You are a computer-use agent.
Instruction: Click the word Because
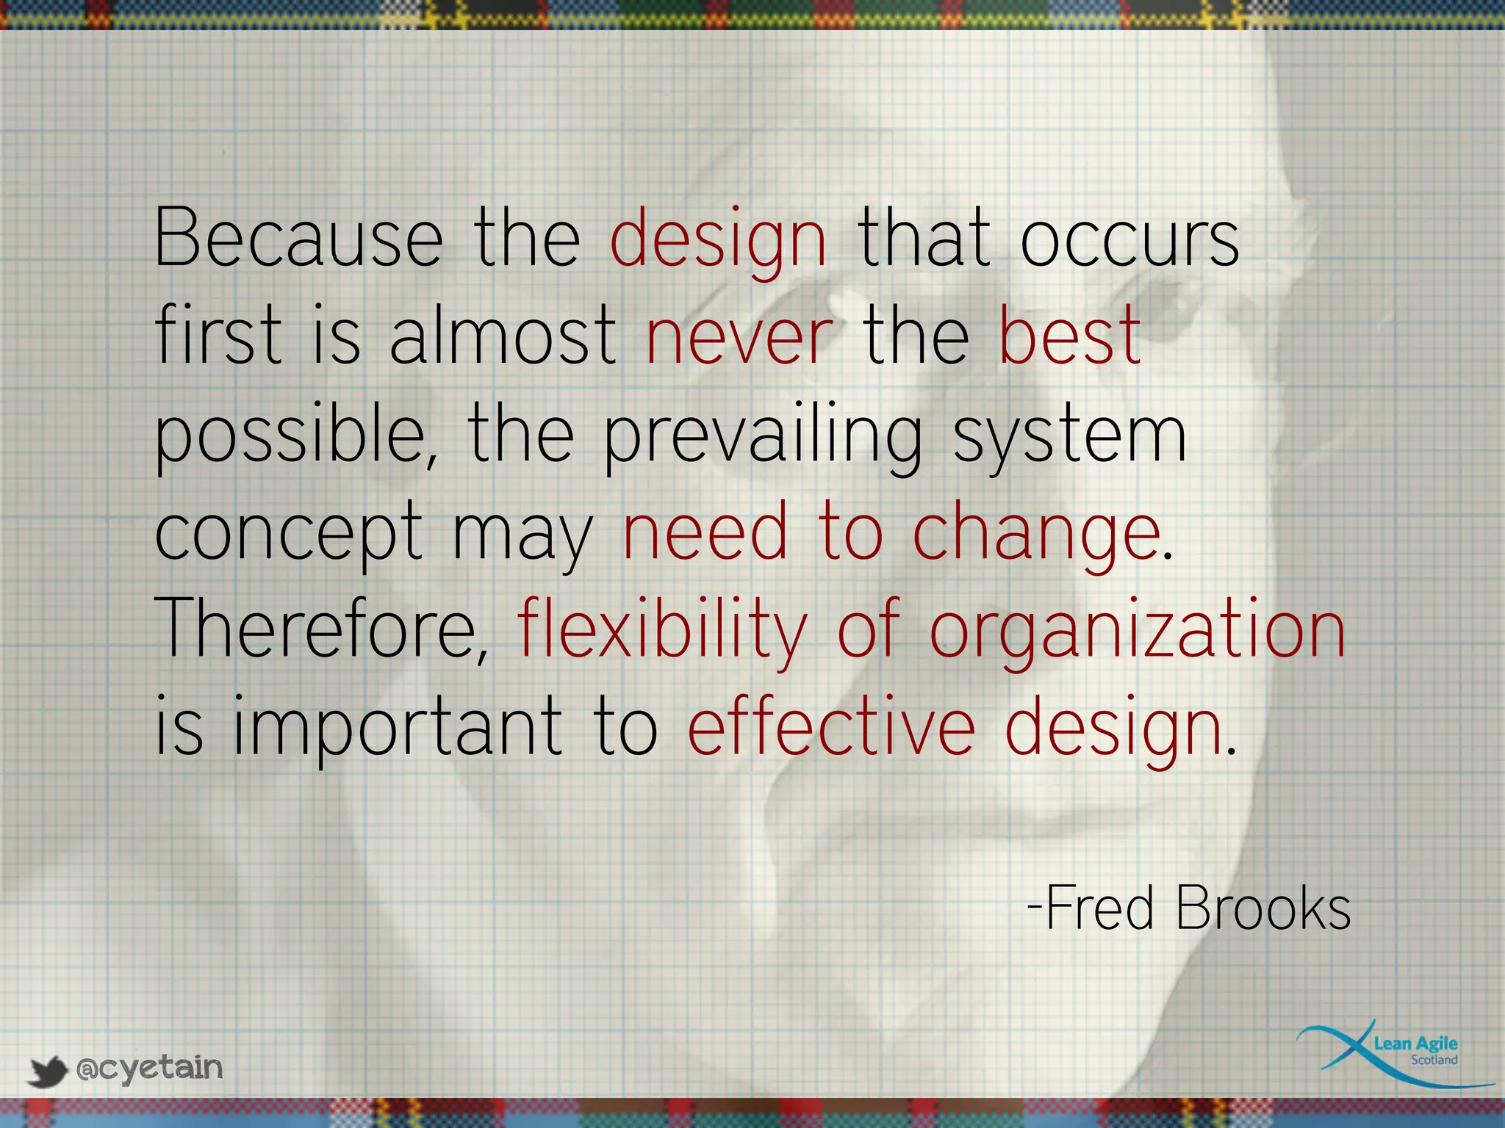tap(298, 238)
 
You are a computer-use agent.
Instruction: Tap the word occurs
tap(1129, 238)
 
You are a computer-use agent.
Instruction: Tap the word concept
tap(289, 533)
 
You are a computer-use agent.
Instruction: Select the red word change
tap(1036, 533)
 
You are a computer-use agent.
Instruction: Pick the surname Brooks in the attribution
tap(1262, 908)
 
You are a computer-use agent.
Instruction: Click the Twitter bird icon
tap(48, 1071)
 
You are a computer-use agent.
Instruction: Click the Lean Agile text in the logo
tap(1415, 1043)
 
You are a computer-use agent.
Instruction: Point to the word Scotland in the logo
tap(1434, 1060)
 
